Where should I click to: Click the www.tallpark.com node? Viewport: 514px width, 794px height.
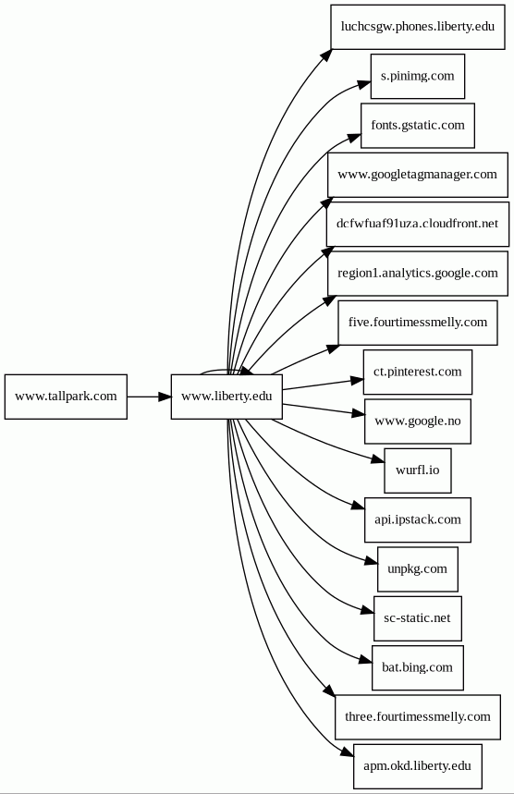[x=66, y=397]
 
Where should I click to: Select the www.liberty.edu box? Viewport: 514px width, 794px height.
[x=226, y=397]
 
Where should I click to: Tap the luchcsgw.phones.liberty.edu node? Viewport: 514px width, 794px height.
[x=418, y=27]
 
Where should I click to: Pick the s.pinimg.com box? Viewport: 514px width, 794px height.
[x=418, y=76]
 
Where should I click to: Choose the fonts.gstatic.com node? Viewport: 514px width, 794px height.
[x=418, y=126]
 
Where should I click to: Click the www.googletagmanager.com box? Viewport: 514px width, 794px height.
[x=418, y=175]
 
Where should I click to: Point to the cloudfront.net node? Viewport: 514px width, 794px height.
[x=418, y=225]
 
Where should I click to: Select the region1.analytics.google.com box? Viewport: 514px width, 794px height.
[x=418, y=274]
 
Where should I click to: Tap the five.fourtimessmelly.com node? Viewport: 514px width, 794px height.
[x=418, y=323]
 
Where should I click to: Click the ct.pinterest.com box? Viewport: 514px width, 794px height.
[x=418, y=372]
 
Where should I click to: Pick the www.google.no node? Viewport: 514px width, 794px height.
[x=418, y=421]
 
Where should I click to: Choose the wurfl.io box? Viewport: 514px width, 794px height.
[x=418, y=470]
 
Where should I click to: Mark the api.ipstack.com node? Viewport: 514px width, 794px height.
[x=418, y=520]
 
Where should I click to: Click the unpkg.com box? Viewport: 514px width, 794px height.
[x=418, y=569]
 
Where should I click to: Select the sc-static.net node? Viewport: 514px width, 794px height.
[x=418, y=618]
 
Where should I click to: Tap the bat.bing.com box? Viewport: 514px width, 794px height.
[x=418, y=667]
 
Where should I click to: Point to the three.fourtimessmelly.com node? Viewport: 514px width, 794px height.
[x=418, y=717]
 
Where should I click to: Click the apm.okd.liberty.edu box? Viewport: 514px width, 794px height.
[x=418, y=766]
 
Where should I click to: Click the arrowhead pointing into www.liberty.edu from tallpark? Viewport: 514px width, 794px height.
[x=165, y=397]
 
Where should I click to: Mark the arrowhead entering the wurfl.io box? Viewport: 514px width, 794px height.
[x=378, y=459]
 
